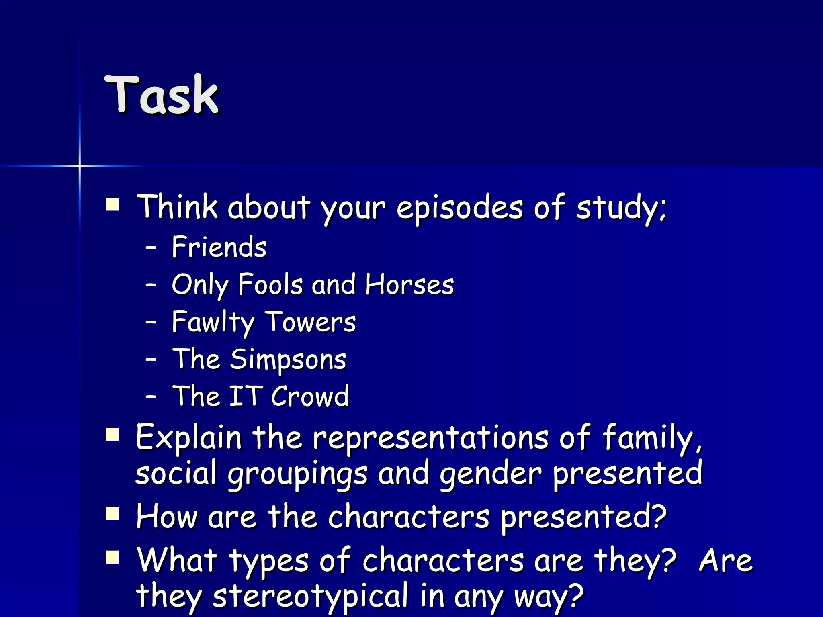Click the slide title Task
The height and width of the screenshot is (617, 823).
162,95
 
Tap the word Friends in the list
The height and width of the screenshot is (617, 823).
219,247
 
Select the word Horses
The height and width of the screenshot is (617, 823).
409,284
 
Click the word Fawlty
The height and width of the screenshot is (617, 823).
213,322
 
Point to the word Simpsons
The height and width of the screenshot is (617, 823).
288,359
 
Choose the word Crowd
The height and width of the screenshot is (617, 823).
310,396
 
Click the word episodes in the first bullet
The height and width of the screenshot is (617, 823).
460,208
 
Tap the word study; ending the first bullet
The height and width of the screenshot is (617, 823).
621,208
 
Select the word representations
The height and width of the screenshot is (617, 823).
430,438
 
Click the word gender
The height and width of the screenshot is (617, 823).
491,474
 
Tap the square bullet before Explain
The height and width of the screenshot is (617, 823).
113,435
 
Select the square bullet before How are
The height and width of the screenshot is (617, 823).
113,514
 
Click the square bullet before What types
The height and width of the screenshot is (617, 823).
113,558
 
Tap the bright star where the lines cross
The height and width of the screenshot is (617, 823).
80,165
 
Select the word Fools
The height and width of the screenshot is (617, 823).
270,284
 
